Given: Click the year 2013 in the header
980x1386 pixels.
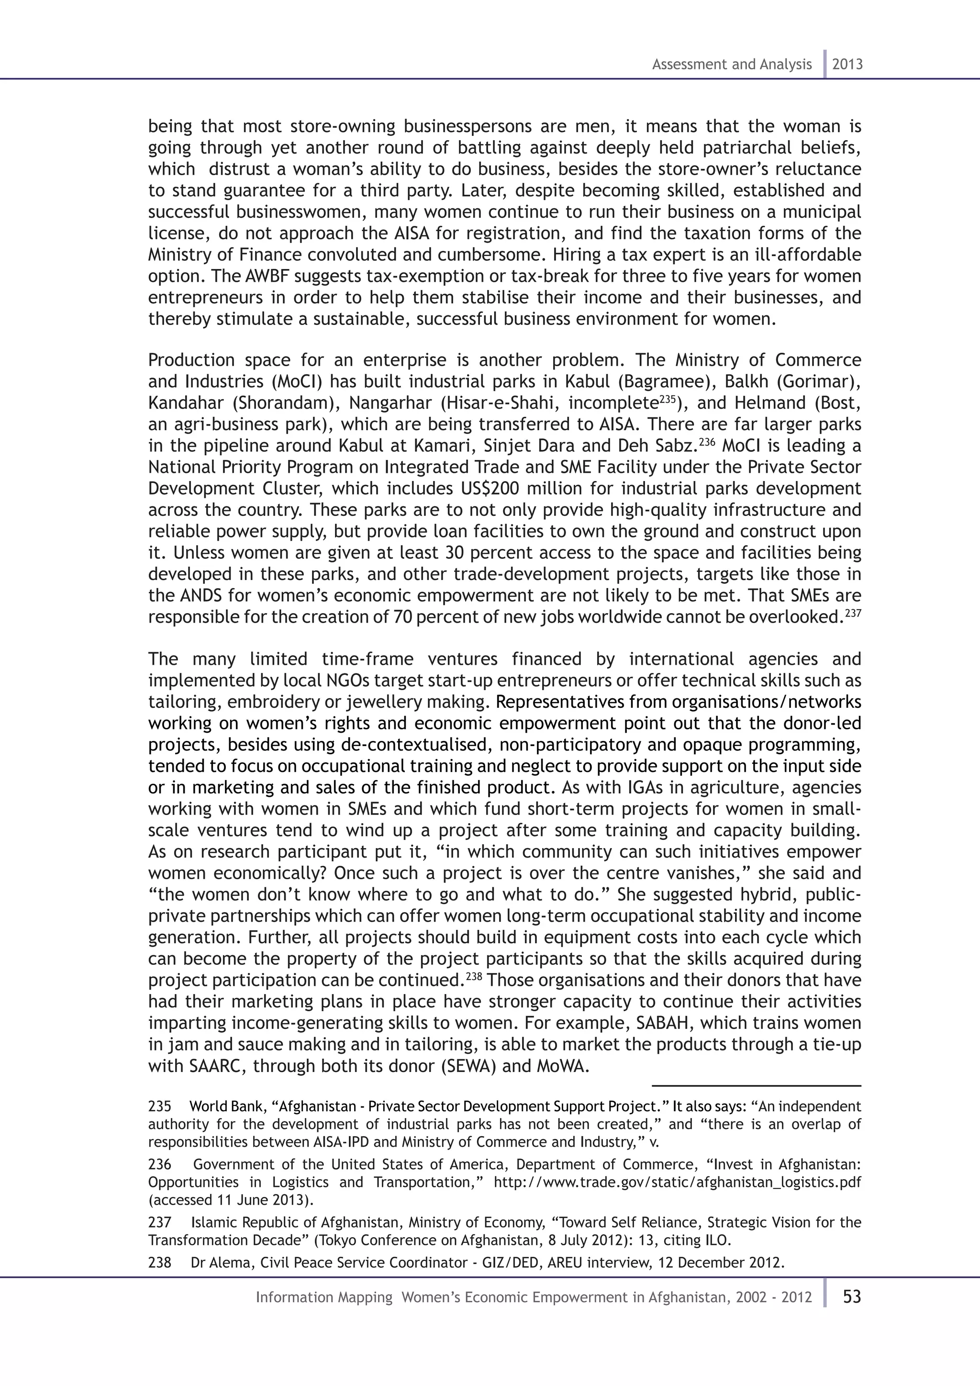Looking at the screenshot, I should tap(847, 65).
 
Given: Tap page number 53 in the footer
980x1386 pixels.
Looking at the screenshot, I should tap(851, 1297).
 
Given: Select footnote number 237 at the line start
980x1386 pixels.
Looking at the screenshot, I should tap(159, 1222).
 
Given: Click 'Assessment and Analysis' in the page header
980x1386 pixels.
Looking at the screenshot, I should tap(731, 65).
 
